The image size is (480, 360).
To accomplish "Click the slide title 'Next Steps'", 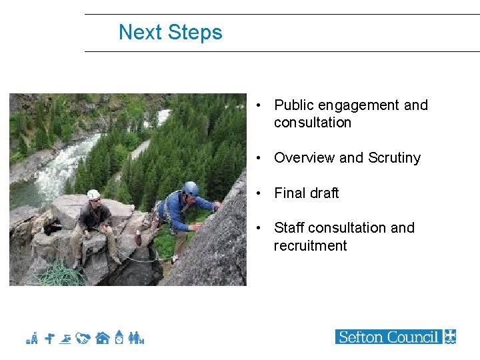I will [170, 32].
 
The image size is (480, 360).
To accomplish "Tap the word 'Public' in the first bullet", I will [294, 105].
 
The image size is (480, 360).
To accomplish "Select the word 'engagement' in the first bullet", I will [359, 105].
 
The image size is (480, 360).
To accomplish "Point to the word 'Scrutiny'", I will [394, 158].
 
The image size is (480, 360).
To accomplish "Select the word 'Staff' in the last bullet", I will [289, 228].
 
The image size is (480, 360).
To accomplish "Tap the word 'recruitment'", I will [310, 245].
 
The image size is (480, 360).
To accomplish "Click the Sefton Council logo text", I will [389, 337].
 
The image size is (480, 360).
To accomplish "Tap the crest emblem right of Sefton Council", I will [451, 337].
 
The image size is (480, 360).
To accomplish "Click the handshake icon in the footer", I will [83, 339].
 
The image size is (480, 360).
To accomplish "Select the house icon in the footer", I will [102, 339].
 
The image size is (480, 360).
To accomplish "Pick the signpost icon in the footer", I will [49, 339].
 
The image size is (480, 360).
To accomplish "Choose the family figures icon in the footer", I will [137, 339].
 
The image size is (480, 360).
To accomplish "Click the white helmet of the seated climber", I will [93, 195].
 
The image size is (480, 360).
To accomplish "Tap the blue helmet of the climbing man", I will [191, 189].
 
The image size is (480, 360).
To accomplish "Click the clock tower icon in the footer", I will [119, 337].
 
